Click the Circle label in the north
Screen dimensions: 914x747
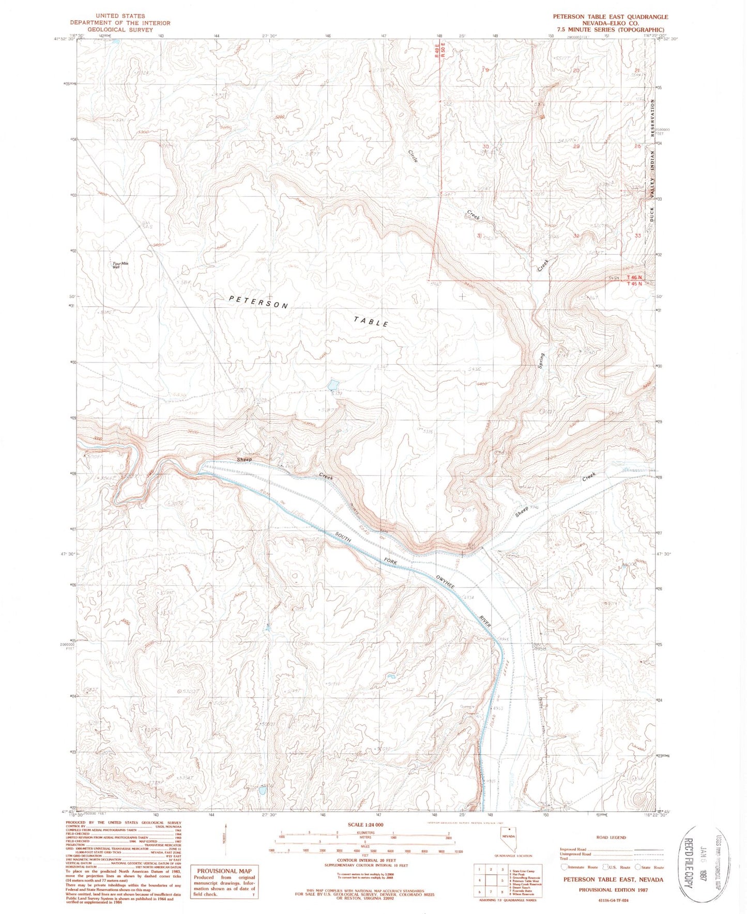point(413,156)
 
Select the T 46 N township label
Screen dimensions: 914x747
point(634,278)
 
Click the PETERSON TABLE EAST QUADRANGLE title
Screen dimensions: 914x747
point(610,17)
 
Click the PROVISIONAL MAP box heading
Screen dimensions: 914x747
point(223,871)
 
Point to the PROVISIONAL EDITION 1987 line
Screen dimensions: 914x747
point(613,890)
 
